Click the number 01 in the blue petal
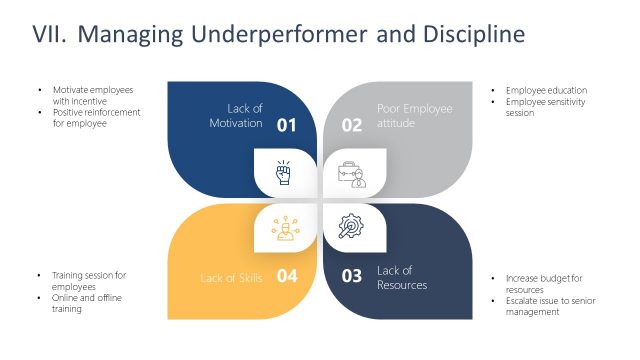pos(287,125)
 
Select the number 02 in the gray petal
pos(352,125)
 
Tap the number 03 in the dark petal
pos(352,277)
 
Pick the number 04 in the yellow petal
pos(287,277)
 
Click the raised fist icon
pos(283,172)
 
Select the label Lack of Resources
pos(401,277)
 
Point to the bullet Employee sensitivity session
pos(545,107)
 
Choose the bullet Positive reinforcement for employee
pos(96,118)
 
